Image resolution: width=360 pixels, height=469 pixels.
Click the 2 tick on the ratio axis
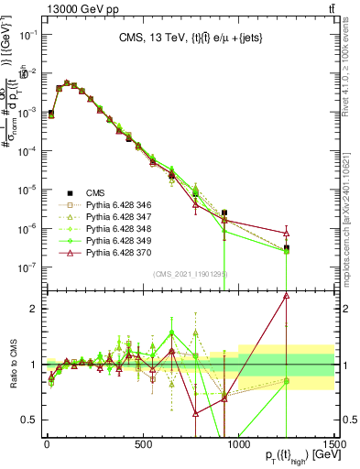(x=36, y=309)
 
